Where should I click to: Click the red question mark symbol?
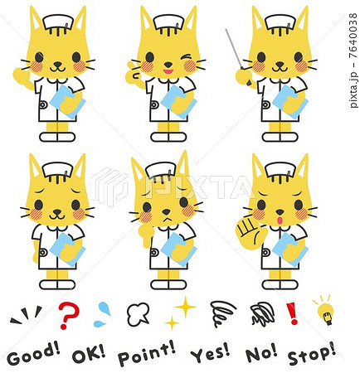pyautogui.click(x=68, y=314)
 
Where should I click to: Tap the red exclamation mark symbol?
pyautogui.click(x=291, y=312)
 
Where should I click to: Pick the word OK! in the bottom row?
pyautogui.click(x=89, y=354)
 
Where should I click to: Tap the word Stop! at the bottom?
pyautogui.click(x=312, y=354)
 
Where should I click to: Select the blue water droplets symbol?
pyautogui.click(x=103, y=312)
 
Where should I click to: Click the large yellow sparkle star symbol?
pyautogui.click(x=185, y=307)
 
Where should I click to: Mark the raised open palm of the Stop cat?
pyautogui.click(x=247, y=228)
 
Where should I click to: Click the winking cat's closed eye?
pyautogui.click(x=190, y=60)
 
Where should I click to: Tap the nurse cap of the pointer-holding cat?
pyautogui.click(x=280, y=20)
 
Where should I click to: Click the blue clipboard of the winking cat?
pyautogui.click(x=175, y=100)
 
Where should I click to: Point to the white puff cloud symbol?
pyautogui.click(x=138, y=313)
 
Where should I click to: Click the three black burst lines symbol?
pyautogui.click(x=27, y=313)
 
